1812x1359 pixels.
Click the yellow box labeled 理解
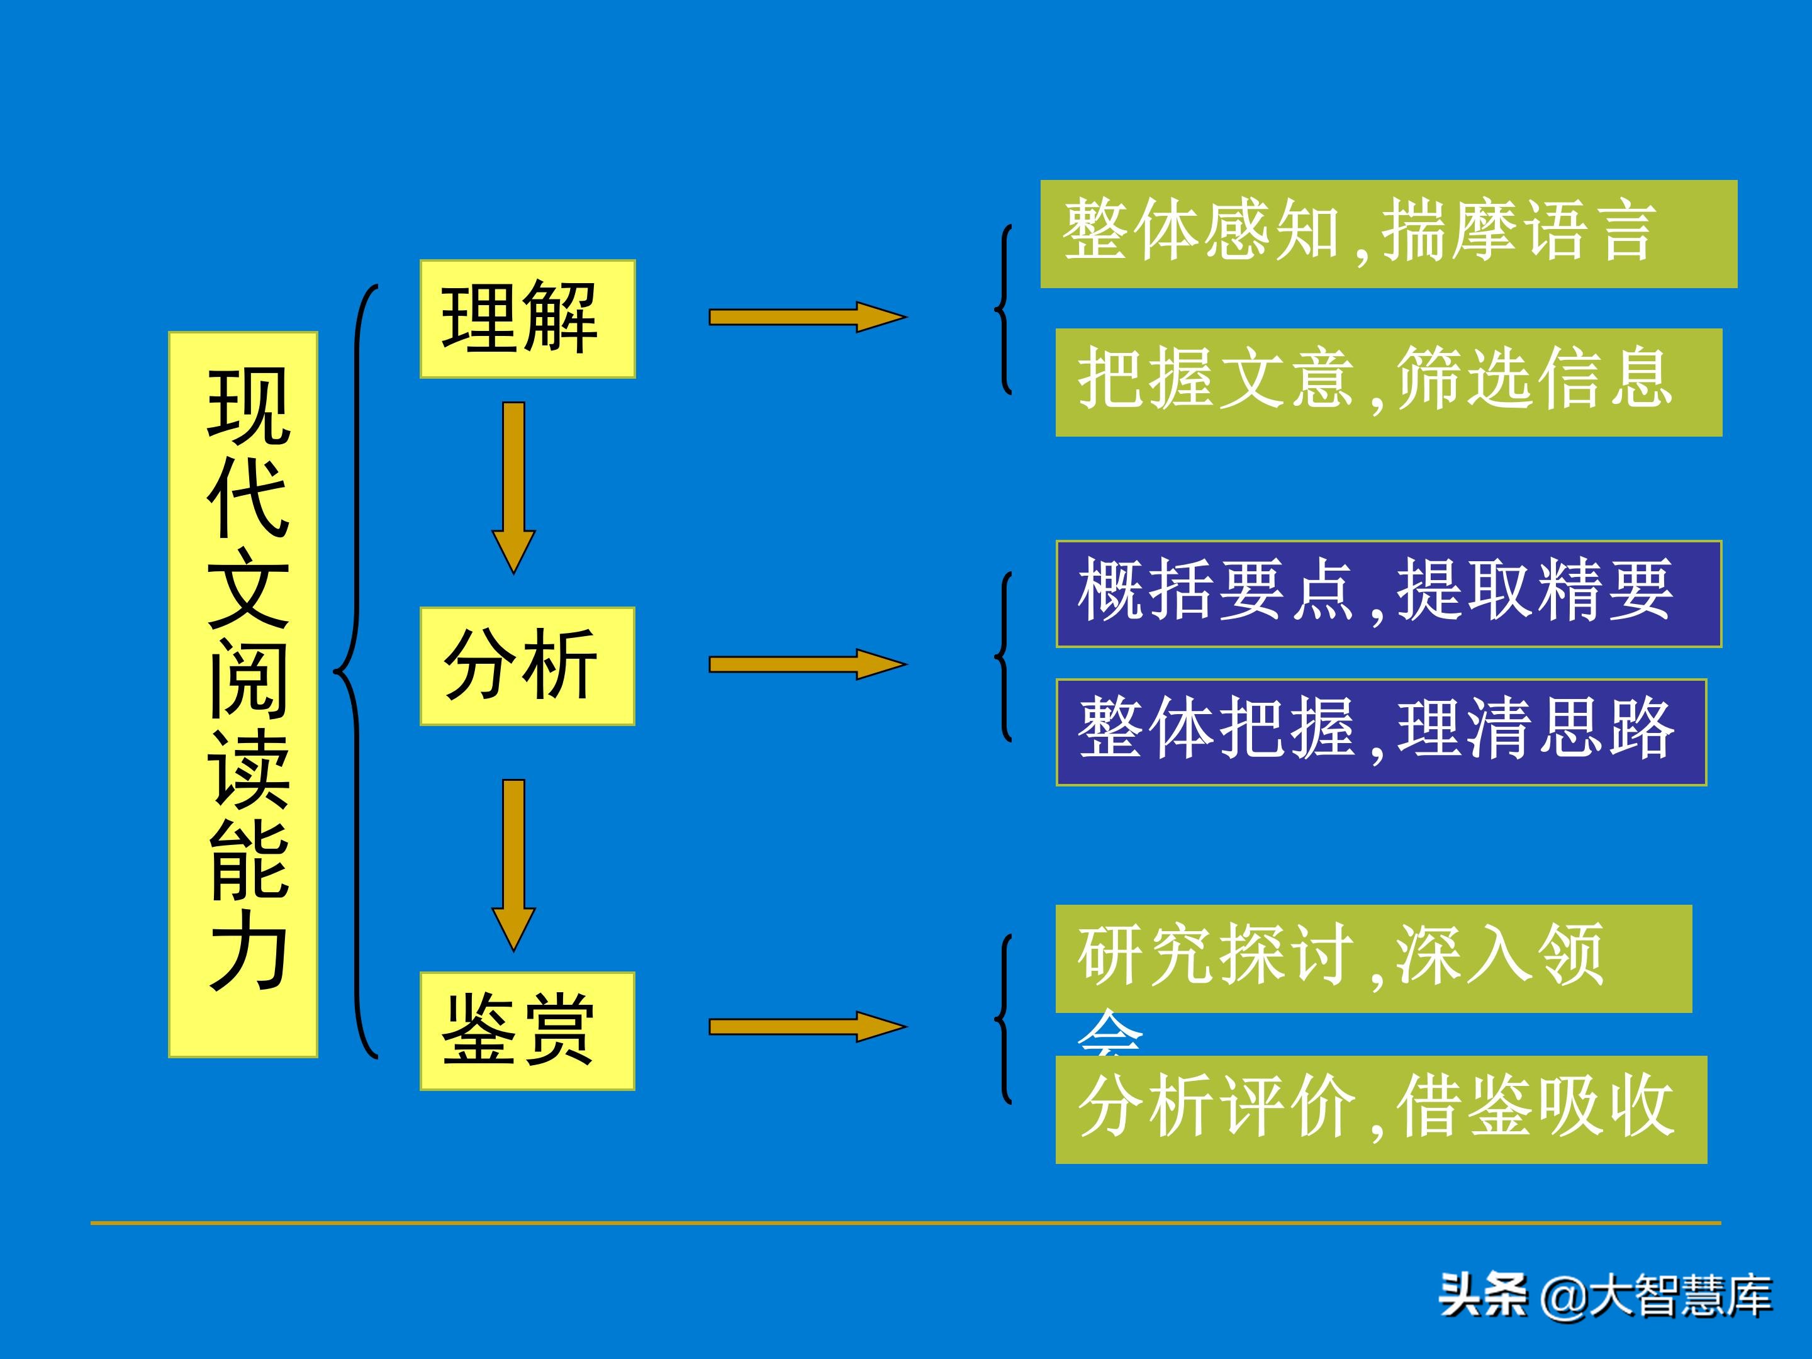point(527,318)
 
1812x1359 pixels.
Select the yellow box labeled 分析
point(527,666)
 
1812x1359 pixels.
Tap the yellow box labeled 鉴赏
point(527,1031)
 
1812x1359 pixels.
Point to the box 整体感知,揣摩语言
point(1389,233)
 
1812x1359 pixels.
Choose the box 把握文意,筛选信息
point(1389,382)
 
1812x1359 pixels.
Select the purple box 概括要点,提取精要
point(1389,594)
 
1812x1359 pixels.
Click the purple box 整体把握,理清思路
point(1380,732)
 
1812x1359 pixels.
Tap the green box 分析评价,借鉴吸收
point(1380,1109)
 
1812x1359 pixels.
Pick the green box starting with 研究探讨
point(1373,958)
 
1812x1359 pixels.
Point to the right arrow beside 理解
point(807,317)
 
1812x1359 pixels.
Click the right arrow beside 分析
point(807,664)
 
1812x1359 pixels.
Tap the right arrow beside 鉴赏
point(807,1026)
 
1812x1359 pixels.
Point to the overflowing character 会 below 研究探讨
point(1109,1034)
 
